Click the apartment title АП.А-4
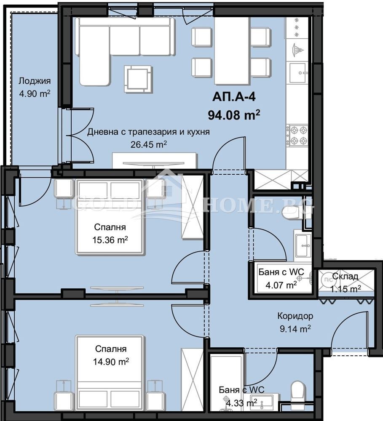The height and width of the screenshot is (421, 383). tap(234, 97)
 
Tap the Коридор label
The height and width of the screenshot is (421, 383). tap(295, 316)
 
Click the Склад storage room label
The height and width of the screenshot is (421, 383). tap(345, 277)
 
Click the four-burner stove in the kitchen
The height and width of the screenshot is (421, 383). tap(297, 136)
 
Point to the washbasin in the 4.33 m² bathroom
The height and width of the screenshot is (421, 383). tap(263, 402)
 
